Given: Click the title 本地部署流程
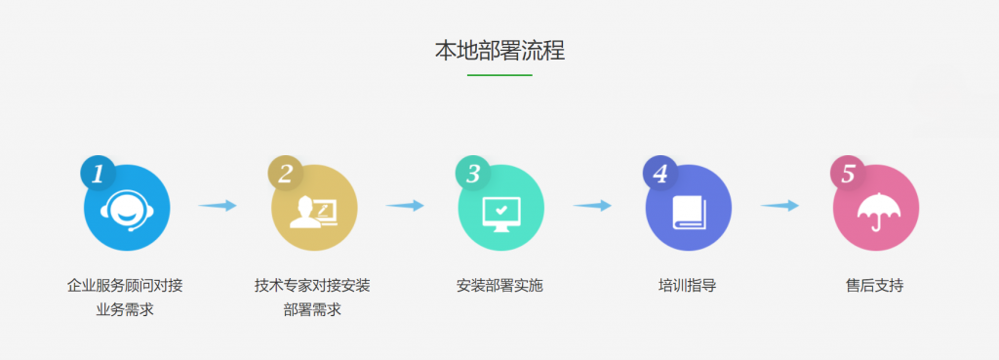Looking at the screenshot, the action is point(499,51).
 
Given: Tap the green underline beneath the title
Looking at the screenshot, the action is point(499,75).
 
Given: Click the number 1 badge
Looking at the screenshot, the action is point(99,174).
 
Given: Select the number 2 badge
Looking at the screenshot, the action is point(286,174).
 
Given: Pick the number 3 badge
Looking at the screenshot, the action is point(473,174).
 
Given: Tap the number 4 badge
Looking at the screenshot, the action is point(660,174).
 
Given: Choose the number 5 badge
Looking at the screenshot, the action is point(848,174).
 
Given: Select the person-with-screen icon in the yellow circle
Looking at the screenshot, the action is point(314,212).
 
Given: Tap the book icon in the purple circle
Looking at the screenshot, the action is point(688,212).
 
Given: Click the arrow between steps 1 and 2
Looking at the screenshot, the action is point(218,205).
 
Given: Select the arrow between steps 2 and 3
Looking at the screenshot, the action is point(405,205).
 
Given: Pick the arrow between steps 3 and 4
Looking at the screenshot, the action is point(592,205).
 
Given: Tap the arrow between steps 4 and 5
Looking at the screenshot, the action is point(779,205).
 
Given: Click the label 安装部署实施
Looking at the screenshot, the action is point(499,286).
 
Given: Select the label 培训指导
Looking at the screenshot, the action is point(688,286).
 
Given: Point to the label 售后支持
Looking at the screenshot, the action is point(875,286).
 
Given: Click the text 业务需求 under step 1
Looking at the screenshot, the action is point(125,310).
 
